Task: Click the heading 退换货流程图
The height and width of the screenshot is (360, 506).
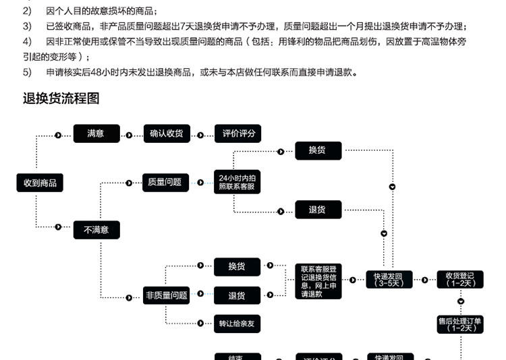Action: click(61, 98)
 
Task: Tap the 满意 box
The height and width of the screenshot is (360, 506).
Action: click(96, 133)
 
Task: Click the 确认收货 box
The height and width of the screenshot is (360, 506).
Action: click(167, 133)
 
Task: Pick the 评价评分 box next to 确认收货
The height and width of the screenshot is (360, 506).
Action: click(238, 133)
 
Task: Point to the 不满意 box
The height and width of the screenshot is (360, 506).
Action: click(96, 230)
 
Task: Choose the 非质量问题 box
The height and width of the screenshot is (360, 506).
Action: click(167, 295)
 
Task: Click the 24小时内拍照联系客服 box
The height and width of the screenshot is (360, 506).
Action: click(236, 182)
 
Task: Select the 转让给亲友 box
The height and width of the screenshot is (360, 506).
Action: click(237, 324)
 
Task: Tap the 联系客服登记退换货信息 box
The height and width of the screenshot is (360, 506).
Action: click(318, 280)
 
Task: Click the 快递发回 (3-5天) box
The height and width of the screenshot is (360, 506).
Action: click(389, 279)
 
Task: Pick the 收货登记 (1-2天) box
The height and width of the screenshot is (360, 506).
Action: click(460, 279)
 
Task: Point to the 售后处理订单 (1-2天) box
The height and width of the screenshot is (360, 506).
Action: click(460, 324)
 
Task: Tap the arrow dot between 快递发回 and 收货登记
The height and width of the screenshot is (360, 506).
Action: click(424, 280)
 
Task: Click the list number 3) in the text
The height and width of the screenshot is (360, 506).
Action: click(27, 26)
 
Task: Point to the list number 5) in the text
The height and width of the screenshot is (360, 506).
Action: click(27, 72)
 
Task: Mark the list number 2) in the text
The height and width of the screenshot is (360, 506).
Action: click(27, 11)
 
